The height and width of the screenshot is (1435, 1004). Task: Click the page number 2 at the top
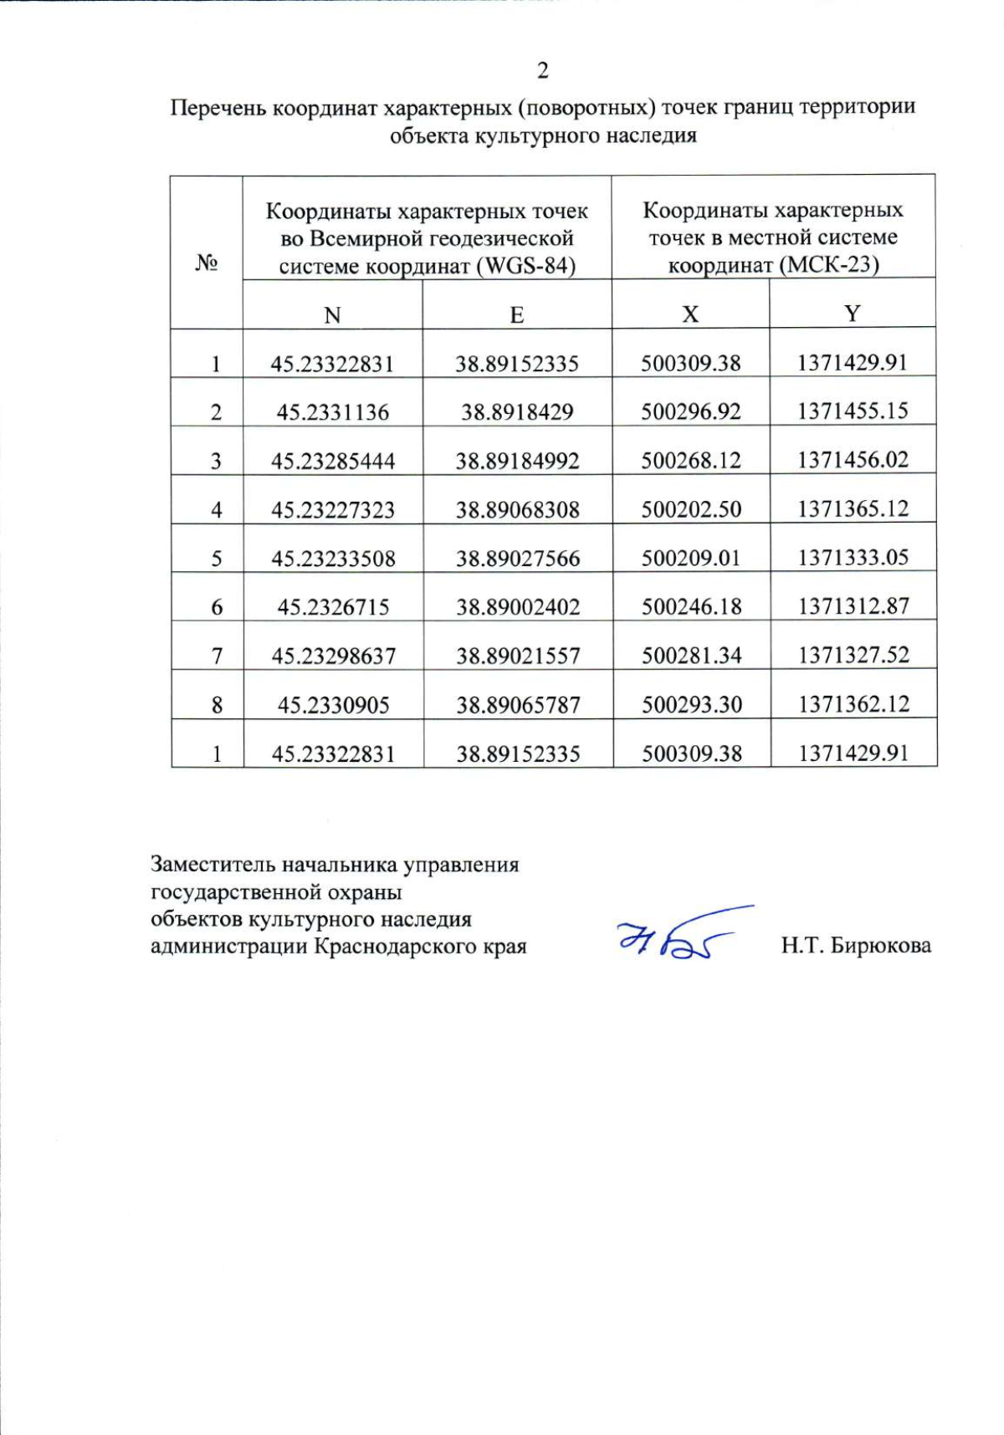click(543, 71)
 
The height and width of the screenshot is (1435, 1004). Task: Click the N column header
click(332, 315)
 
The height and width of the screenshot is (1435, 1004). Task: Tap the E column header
click(517, 315)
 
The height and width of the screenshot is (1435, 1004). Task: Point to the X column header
click(690, 314)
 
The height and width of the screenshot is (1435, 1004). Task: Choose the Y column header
click(852, 314)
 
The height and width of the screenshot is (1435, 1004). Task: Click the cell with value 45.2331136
click(333, 412)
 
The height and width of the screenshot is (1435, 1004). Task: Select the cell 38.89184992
click(517, 461)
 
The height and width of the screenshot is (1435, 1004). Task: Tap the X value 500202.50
click(691, 509)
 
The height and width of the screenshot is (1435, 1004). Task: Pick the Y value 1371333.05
click(853, 558)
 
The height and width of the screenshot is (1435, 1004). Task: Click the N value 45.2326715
click(333, 607)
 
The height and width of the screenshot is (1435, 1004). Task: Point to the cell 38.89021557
click(518, 656)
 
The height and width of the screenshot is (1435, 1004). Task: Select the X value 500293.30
click(692, 705)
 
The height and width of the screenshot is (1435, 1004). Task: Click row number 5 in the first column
click(217, 559)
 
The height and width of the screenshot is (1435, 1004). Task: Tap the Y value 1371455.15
click(853, 411)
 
